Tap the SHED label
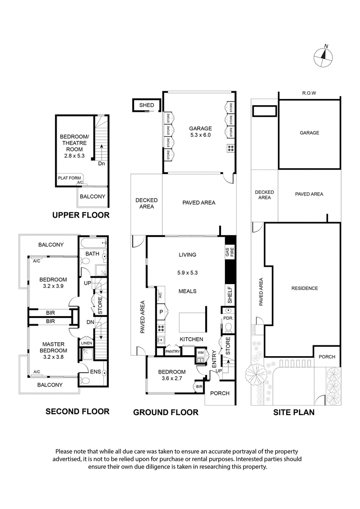point(146,105)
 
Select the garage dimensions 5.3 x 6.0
point(200,134)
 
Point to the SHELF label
point(229,295)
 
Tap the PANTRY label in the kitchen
point(172,352)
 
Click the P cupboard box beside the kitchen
point(161,312)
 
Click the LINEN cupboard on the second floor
point(86,344)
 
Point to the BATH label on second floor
point(92,254)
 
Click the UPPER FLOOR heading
point(81,215)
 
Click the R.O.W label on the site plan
point(310,93)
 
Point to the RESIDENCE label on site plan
point(305,288)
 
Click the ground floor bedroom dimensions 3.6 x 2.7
point(171,379)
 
